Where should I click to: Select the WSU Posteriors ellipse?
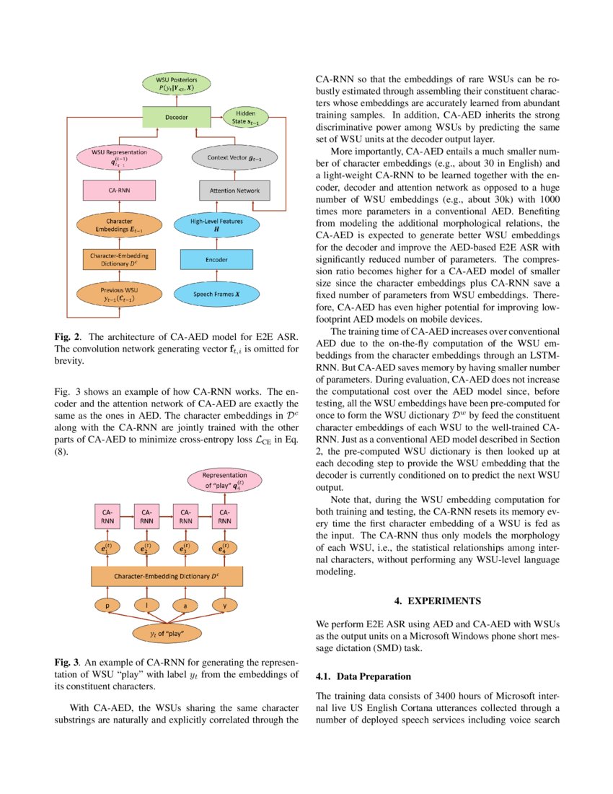click(x=176, y=83)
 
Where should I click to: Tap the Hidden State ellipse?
click(x=247, y=116)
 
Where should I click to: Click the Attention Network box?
click(x=224, y=191)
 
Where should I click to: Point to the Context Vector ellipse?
click(x=224, y=158)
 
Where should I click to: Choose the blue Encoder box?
click(x=216, y=259)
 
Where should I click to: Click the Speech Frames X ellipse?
click(x=216, y=295)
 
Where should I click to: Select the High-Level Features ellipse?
click(x=216, y=224)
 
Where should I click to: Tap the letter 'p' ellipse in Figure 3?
click(x=107, y=606)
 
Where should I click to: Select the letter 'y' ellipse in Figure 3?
click(x=225, y=606)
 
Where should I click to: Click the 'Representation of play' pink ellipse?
click(x=224, y=480)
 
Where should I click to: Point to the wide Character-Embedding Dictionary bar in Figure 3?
click(x=167, y=576)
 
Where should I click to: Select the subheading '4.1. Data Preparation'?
click(x=363, y=676)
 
